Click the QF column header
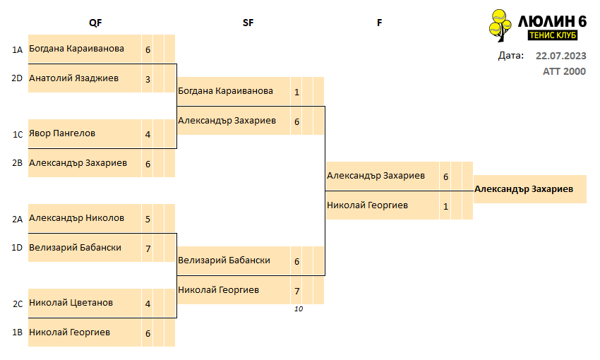95,23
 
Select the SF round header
248,23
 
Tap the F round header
379,23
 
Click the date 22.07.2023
560,56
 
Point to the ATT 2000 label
564,71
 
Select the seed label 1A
17,50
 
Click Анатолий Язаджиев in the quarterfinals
74,78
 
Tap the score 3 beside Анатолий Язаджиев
148,80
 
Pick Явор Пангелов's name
62,133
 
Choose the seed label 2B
17,163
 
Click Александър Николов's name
76,218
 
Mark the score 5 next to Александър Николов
148,220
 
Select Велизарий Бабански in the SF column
224,260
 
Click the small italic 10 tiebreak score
299,309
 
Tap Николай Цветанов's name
71,303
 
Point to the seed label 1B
17,332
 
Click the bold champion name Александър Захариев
524,189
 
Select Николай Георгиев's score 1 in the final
445,207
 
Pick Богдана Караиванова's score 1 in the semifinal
296,92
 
